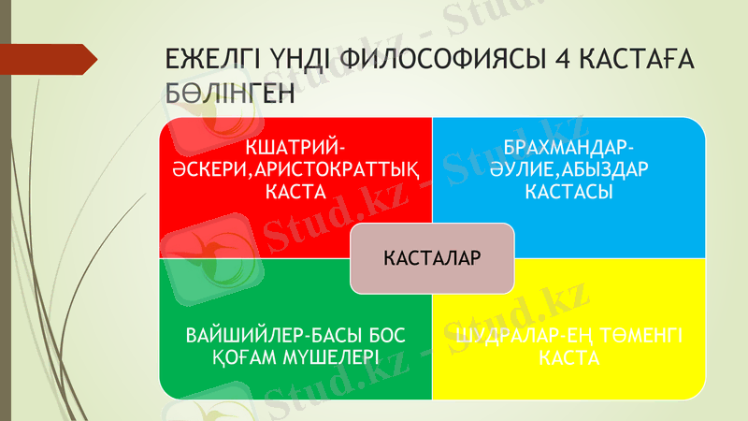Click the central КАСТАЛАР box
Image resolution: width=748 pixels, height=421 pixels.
pyautogui.click(x=432, y=257)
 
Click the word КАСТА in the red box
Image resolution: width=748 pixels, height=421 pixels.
pyautogui.click(x=295, y=193)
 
